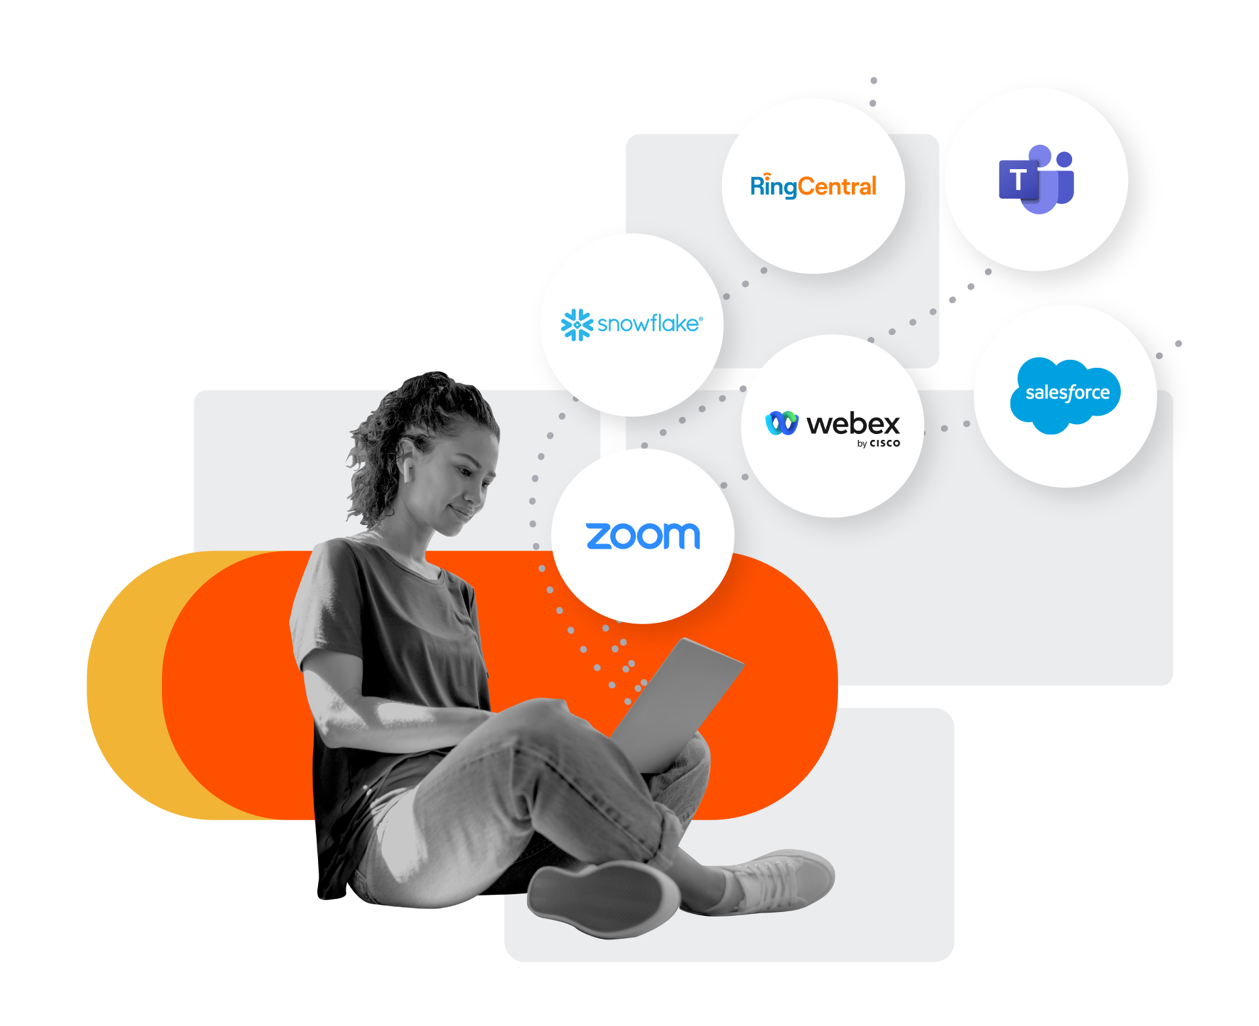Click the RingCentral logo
pyautogui.click(x=813, y=187)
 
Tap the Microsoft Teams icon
pyautogui.click(x=1036, y=180)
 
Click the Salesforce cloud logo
pyautogui.click(x=1066, y=394)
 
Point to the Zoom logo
pyautogui.click(x=643, y=536)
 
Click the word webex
pyautogui.click(x=853, y=424)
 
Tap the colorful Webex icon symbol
pyautogui.click(x=782, y=424)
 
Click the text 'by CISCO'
pyautogui.click(x=879, y=444)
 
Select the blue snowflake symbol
pyautogui.click(x=577, y=325)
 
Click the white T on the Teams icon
pyautogui.click(x=1017, y=180)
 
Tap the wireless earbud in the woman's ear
pyautogui.click(x=407, y=469)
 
